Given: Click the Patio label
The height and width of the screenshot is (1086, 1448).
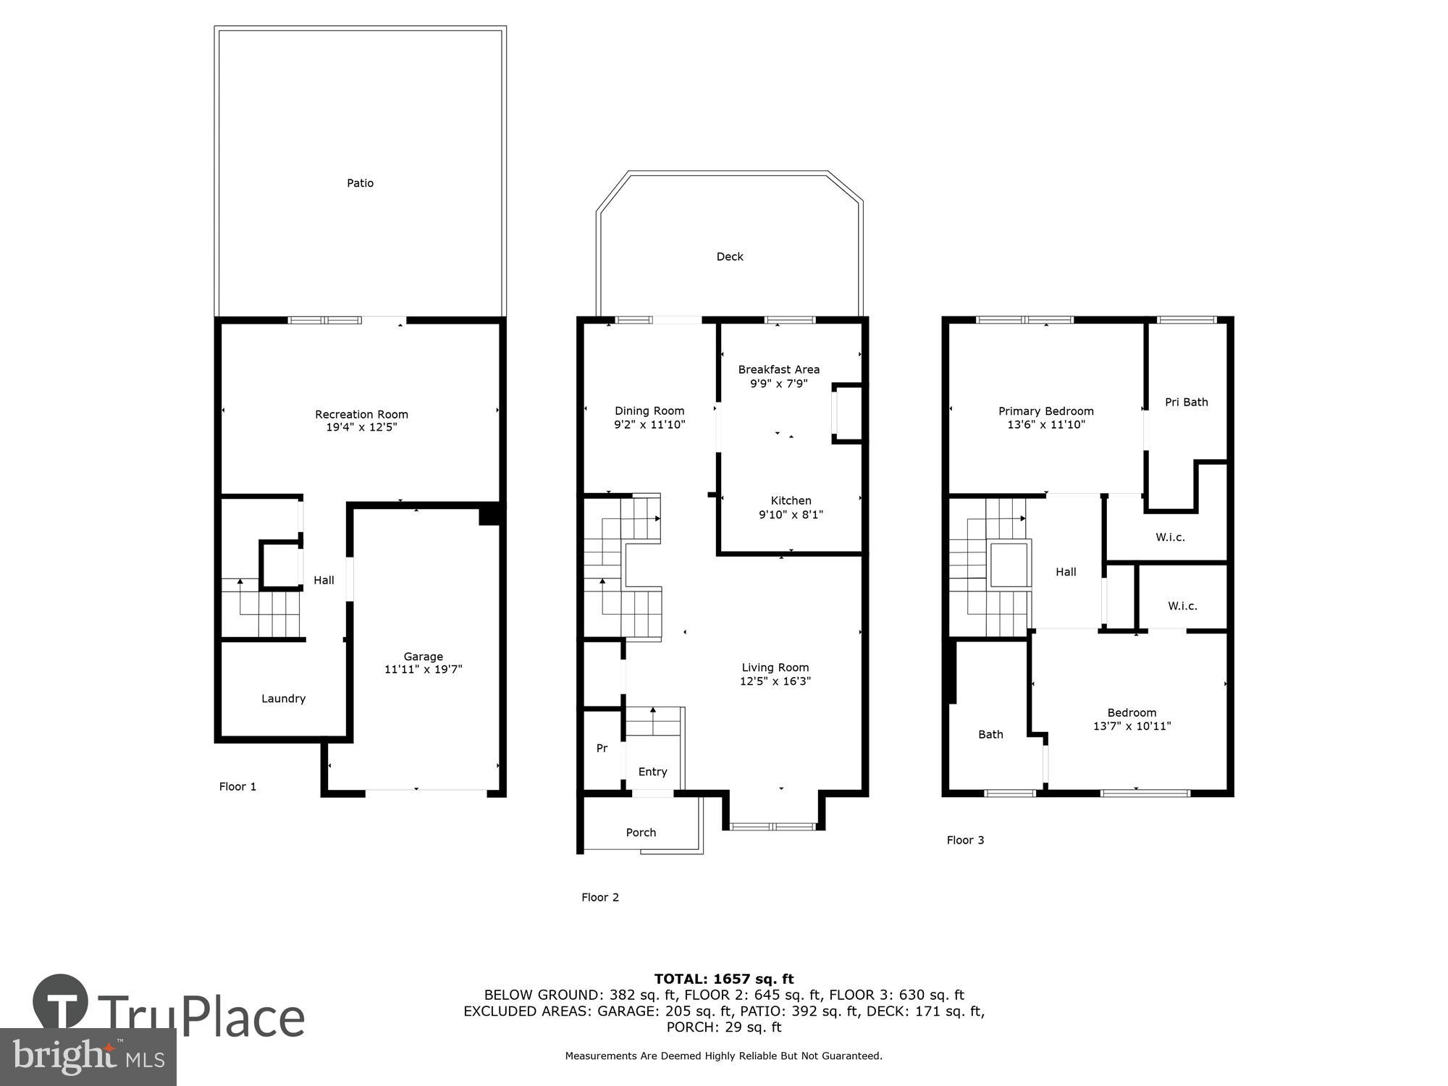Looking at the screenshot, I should (360, 183).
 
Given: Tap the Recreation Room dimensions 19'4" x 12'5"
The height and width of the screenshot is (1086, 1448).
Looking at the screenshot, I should (361, 428).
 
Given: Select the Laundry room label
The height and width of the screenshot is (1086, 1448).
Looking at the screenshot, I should (283, 699).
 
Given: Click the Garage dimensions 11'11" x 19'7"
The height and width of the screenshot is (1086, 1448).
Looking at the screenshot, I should (423, 670).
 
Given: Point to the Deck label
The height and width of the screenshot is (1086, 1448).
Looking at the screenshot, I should (729, 256).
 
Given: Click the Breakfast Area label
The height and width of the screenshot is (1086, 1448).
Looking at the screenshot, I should (778, 369).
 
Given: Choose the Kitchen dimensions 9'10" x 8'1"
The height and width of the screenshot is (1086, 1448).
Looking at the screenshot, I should (791, 515).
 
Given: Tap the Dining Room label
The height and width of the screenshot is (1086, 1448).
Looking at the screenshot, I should (649, 411).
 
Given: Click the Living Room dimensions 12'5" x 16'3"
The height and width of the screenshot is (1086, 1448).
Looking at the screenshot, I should (775, 681).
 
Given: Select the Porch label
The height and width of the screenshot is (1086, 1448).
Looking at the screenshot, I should (641, 833).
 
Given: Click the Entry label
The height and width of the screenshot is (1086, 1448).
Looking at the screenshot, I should (652, 772).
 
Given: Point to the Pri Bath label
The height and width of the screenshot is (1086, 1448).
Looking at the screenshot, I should (1186, 402).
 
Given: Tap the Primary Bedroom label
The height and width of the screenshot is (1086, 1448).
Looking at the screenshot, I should (1045, 411).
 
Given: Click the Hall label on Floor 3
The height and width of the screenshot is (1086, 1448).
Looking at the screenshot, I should (1065, 572).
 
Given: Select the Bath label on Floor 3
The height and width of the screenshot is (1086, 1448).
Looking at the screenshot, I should (990, 734).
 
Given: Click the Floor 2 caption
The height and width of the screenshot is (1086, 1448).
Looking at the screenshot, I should (599, 897).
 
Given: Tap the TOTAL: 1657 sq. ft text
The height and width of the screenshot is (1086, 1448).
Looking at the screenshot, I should (723, 979).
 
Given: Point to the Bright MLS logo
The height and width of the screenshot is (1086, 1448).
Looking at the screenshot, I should (88, 1057).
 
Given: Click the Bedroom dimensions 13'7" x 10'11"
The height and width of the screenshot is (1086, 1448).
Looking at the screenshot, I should (1131, 726).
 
